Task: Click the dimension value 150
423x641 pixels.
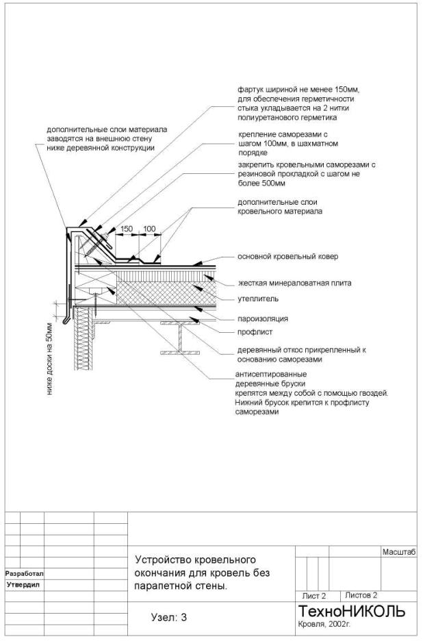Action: pyautogui.click(x=127, y=229)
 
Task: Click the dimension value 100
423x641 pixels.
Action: pyautogui.click(x=150, y=229)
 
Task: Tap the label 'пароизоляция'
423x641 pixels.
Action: pyautogui.click(x=263, y=318)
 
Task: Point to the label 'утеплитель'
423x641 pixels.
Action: pyautogui.click(x=257, y=299)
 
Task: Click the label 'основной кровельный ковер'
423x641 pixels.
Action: pyautogui.click(x=287, y=256)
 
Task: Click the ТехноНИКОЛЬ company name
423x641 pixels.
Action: pyautogui.click(x=351, y=611)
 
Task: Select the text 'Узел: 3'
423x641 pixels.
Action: pyautogui.click(x=168, y=618)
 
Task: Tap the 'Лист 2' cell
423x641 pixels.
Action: pyautogui.click(x=314, y=596)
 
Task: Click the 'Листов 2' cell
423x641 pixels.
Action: pyautogui.click(x=361, y=595)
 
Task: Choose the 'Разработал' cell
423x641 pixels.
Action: pyautogui.click(x=24, y=573)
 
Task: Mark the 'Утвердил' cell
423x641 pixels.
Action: pyautogui.click(x=24, y=585)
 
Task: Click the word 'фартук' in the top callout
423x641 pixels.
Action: pyautogui.click(x=250, y=90)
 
